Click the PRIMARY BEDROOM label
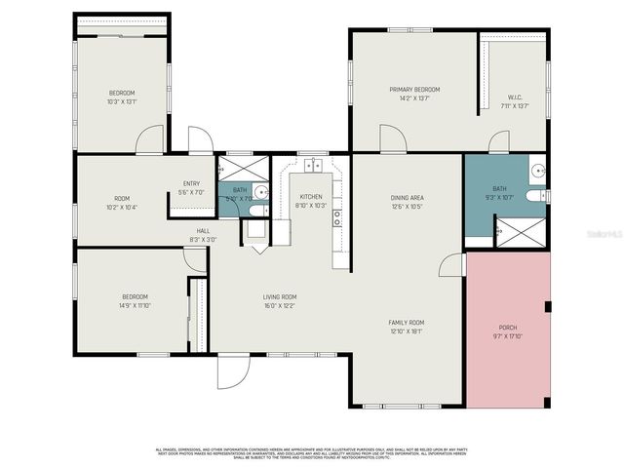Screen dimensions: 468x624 pos(408,89)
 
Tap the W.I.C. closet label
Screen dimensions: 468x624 pos(516,97)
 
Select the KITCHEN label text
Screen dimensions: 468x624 pos(310,196)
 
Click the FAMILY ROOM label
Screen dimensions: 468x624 pos(407,322)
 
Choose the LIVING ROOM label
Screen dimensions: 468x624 pos(279,297)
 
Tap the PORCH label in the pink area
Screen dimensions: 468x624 pos(508,328)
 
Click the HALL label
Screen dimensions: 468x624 pos(203,231)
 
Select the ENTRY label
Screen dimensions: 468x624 pos(191,183)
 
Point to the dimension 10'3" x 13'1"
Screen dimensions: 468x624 pos(122,100)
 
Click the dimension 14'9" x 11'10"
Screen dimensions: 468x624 pos(135,305)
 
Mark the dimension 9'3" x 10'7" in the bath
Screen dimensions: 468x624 pos(499,197)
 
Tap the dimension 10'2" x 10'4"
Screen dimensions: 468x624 pos(122,207)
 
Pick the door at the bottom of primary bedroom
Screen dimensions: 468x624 pos(393,140)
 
